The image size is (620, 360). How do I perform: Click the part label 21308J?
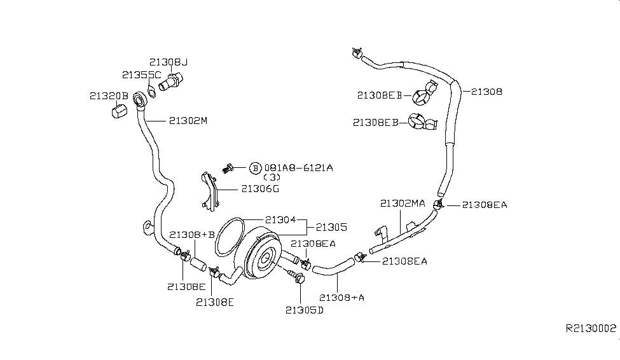coord(169,62)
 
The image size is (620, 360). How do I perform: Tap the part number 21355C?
coord(142,75)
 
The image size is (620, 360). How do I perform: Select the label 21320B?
coord(109,96)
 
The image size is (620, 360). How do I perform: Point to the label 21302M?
coord(188,120)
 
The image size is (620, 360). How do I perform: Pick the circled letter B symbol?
coord(255,168)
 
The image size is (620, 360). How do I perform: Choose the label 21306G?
coord(260,188)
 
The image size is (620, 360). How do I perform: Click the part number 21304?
coord(280,219)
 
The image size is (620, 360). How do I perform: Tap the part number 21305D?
coord(304,310)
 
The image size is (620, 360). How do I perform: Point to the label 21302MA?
coord(403,204)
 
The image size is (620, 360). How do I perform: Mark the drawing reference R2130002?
coord(591,329)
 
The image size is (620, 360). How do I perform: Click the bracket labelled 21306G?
coord(209,190)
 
